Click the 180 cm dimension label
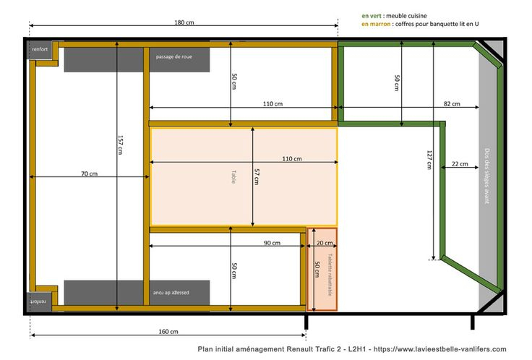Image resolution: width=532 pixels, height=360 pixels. click(x=184, y=22)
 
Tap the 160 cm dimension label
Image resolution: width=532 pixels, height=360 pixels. click(x=168, y=332)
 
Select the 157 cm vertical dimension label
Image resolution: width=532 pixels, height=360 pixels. click(x=121, y=145)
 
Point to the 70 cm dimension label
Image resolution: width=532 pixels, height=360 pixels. click(x=89, y=173)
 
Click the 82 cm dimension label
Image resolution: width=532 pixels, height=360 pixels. click(x=452, y=103)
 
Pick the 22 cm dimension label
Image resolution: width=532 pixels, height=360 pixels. click(x=460, y=164)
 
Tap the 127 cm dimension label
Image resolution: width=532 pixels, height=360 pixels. click(x=429, y=160)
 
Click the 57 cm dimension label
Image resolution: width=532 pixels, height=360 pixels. click(x=257, y=176)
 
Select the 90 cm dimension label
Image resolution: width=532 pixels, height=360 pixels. click(x=272, y=243)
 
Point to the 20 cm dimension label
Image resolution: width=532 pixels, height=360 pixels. click(x=325, y=243)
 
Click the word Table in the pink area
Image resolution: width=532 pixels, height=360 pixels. click(x=233, y=177)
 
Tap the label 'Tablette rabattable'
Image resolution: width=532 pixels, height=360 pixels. click(x=330, y=275)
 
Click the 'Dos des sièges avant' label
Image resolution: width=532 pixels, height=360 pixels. click(x=487, y=176)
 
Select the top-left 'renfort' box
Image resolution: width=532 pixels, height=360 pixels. click(x=40, y=50)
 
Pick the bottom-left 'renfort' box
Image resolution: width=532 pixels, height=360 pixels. click(x=39, y=301)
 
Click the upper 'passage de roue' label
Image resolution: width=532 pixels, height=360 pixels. click(x=174, y=56)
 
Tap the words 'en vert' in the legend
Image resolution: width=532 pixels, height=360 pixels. click(x=372, y=16)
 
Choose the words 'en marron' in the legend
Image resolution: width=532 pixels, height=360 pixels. click(x=376, y=24)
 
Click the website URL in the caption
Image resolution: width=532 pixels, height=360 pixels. click(x=439, y=349)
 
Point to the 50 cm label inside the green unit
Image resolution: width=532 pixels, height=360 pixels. click(x=397, y=83)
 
